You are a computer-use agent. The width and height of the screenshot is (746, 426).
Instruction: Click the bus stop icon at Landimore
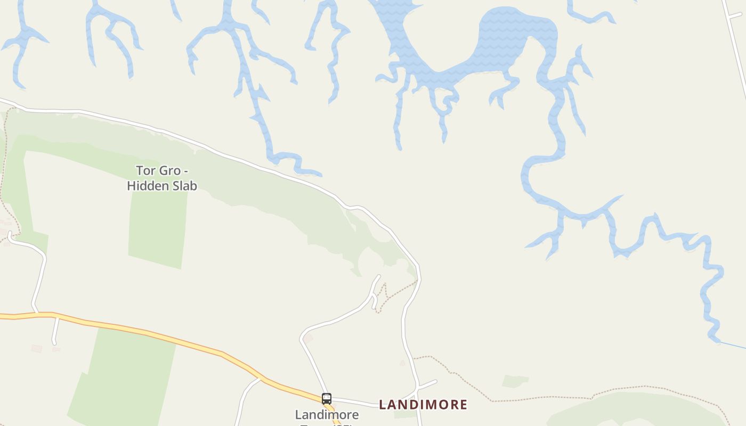pos(327,398)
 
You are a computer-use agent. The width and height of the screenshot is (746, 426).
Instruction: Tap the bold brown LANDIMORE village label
pos(423,405)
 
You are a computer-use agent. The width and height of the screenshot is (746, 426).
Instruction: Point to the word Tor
pos(145,171)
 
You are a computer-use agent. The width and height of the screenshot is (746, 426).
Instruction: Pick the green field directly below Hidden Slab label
pos(157,229)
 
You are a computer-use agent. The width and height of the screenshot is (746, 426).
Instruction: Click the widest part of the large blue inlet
pos(512,37)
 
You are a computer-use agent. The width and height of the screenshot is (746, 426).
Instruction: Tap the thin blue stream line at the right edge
pos(733,345)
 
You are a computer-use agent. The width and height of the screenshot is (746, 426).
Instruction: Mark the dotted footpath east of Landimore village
pos(533,398)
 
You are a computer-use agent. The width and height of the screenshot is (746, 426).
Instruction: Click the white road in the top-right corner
pos(735,43)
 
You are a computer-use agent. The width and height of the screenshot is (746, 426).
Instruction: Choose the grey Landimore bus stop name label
pos(327,415)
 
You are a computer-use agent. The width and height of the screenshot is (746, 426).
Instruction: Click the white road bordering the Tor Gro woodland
pos(213,150)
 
